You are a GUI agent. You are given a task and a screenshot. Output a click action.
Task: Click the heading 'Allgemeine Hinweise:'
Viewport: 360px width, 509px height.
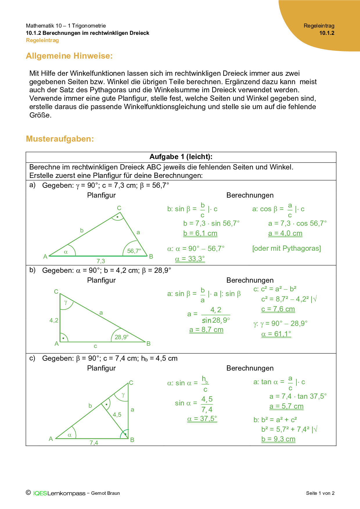click(x=69, y=56)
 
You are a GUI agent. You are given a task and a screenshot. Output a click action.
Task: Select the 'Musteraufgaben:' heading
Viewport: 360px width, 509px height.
click(x=60, y=139)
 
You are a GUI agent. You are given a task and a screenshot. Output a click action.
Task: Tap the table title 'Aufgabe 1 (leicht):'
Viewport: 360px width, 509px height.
click(x=181, y=157)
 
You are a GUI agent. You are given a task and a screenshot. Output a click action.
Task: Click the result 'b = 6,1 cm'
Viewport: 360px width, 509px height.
click(x=200, y=233)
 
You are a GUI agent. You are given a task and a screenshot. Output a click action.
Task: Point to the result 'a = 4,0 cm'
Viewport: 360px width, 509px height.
click(x=285, y=233)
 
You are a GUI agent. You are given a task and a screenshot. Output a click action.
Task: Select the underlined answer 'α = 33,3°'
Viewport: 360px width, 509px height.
click(x=190, y=259)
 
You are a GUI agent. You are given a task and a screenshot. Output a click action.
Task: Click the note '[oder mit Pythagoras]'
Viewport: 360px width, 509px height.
click(x=287, y=248)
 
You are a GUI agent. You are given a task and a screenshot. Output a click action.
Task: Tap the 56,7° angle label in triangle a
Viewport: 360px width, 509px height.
click(x=134, y=251)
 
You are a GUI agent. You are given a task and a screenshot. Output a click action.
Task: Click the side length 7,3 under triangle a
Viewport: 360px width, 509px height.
click(x=101, y=261)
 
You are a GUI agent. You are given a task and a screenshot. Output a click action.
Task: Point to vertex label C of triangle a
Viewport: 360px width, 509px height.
click(x=119, y=208)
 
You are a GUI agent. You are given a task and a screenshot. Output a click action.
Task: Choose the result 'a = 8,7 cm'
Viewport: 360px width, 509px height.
click(x=206, y=330)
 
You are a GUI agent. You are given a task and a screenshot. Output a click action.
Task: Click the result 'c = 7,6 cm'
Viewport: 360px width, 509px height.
click(x=278, y=309)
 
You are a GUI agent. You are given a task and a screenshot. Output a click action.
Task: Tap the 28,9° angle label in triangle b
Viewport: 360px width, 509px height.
click(x=121, y=337)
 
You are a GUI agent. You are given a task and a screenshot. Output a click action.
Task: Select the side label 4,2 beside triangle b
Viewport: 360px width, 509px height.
click(x=54, y=320)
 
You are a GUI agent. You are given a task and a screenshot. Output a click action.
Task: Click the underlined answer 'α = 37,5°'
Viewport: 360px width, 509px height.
click(x=202, y=419)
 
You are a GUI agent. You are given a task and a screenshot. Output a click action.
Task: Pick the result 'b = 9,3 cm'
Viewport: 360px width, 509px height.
click(x=278, y=439)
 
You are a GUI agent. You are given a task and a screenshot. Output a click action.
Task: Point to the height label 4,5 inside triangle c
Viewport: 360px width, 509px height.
click(x=117, y=415)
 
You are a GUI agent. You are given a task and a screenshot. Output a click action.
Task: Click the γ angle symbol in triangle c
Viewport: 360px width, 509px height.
click(x=123, y=395)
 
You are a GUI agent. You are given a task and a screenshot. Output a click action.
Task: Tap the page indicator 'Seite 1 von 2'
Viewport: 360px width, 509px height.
click(x=320, y=493)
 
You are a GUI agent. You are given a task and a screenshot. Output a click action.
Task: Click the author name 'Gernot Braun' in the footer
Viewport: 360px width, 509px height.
click(x=105, y=493)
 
